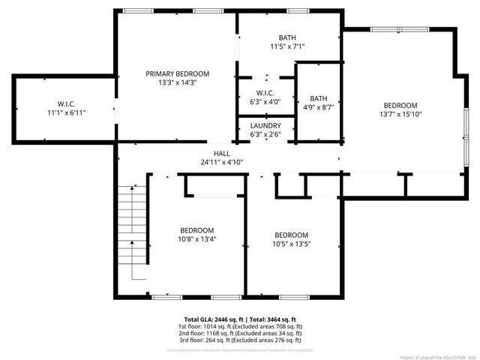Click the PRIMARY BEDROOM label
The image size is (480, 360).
[x=177, y=73]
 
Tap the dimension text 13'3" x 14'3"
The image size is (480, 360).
[x=177, y=83]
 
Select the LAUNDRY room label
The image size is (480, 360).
[x=266, y=125]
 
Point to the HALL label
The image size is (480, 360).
[x=221, y=152]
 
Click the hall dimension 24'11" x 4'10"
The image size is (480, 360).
[x=221, y=162]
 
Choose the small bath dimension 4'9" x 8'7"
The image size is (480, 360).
[x=319, y=107]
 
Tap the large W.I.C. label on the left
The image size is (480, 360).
[x=67, y=103]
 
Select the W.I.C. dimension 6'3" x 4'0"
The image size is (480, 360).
[x=266, y=101]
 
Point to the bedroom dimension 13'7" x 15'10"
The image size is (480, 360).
[x=400, y=115]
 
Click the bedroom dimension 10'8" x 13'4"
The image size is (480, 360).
[x=196, y=240]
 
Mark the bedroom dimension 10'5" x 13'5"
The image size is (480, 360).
[x=291, y=244]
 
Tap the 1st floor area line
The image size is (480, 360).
[x=240, y=327]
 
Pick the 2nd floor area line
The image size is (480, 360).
[x=240, y=334]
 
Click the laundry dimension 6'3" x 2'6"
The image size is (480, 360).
[x=266, y=135]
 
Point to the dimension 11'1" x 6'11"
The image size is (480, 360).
[x=67, y=112]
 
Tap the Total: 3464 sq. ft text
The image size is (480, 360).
[x=271, y=319]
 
